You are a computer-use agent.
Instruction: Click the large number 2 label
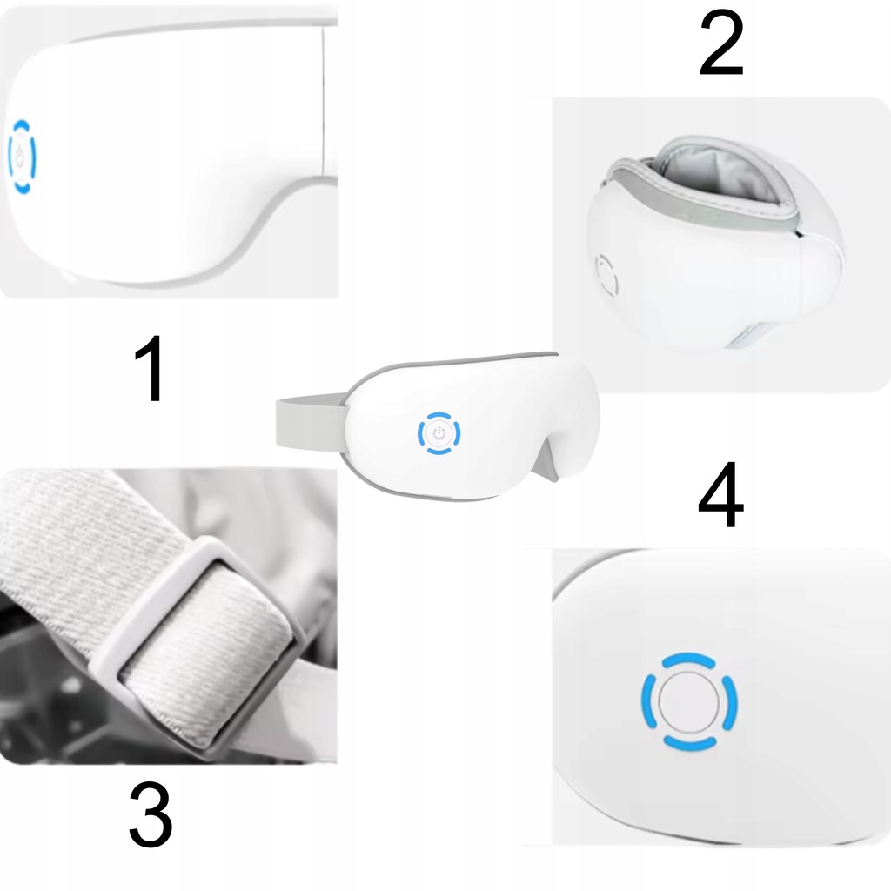(721, 44)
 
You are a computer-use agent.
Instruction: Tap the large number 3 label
(151, 814)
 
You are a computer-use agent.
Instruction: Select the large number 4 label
(720, 495)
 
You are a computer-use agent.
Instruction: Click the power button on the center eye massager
(439, 433)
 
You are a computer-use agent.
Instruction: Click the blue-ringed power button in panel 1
(22, 157)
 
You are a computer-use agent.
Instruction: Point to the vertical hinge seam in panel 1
(323, 100)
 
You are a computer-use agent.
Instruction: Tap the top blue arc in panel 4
(688, 660)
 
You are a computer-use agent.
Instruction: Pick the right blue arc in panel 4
(731, 703)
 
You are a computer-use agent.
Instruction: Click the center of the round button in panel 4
(689, 702)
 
